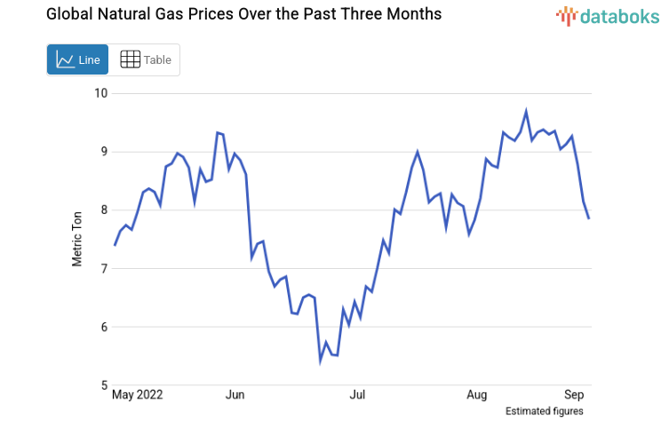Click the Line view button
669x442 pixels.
77,59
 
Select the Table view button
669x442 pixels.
145,59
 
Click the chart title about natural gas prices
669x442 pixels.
231,15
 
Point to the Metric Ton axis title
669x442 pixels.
77,237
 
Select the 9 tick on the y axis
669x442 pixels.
102,152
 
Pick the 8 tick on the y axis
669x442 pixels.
102,210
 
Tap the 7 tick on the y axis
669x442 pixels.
102,268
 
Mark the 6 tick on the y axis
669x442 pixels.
102,327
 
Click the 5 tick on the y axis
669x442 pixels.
102,385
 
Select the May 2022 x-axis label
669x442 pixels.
138,393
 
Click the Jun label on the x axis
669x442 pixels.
235,393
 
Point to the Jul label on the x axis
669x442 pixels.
357,393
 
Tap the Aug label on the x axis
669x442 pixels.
477,393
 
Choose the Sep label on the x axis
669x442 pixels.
574,393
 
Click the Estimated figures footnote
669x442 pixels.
544,411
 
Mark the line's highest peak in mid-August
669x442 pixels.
526,112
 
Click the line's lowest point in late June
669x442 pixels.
321,359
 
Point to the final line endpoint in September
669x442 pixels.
588,217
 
